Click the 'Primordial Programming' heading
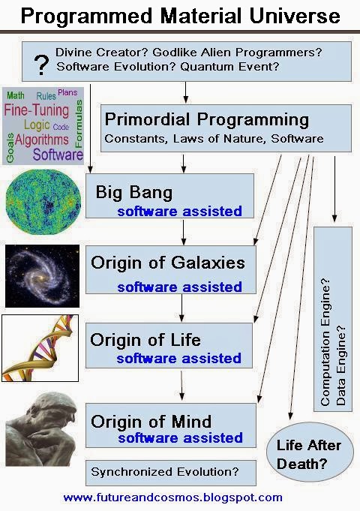(x=206, y=119)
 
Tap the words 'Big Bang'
(x=134, y=192)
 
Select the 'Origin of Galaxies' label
(x=167, y=263)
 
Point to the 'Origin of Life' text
(x=145, y=339)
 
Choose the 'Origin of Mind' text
(x=151, y=420)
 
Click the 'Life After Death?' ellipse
(x=308, y=454)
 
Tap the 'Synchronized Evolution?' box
(x=170, y=472)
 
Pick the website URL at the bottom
(x=172, y=497)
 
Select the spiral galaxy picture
(x=42, y=276)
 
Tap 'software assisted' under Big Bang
(x=179, y=211)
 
